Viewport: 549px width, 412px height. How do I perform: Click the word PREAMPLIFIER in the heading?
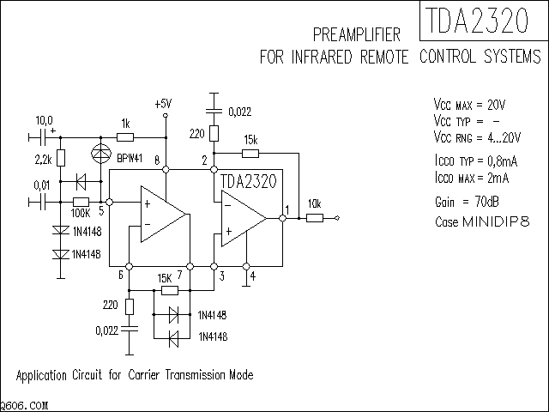pyautogui.click(x=358, y=35)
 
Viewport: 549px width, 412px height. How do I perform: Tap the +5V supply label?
pyautogui.click(x=163, y=104)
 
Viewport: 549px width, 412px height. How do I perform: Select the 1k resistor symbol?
pyautogui.click(x=125, y=136)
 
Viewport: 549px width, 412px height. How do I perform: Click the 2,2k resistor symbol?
pyautogui.click(x=60, y=159)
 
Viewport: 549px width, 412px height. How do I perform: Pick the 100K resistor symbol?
pyautogui.click(x=81, y=202)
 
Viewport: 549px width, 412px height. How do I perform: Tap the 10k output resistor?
pyautogui.click(x=315, y=218)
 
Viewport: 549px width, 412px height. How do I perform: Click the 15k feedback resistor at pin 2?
pyautogui.click(x=250, y=154)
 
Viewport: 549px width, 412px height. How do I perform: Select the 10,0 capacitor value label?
pyautogui.click(x=43, y=120)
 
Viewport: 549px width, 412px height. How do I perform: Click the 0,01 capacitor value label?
pyautogui.click(x=41, y=185)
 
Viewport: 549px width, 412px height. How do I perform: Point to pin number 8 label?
pyautogui.click(x=157, y=161)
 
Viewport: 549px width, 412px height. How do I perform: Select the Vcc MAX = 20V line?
pyautogui.click(x=470, y=104)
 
